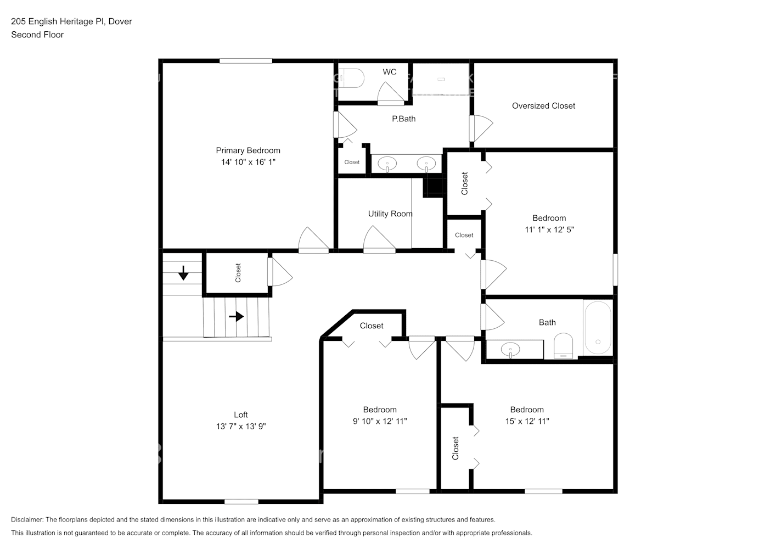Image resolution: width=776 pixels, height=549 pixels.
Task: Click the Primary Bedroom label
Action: coord(248,150)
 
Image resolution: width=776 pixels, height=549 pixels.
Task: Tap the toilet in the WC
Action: coord(351,78)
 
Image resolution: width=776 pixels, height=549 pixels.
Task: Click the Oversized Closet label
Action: coord(543,106)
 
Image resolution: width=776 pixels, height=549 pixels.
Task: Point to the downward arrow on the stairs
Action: coord(183,272)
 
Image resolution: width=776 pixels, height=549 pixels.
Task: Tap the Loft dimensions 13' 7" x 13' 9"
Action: coord(241,426)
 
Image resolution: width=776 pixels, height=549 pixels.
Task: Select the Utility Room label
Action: coord(390,214)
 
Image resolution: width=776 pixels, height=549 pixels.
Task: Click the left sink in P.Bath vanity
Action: coord(388,163)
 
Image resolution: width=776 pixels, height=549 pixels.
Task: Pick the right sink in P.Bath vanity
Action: coord(426,163)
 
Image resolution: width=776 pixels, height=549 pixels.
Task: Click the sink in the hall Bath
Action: coord(511,349)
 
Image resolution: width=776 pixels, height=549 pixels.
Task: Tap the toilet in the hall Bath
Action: coord(563,346)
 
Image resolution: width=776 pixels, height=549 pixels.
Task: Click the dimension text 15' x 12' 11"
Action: coord(527,421)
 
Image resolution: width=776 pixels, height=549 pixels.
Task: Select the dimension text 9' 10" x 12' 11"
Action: coord(380,421)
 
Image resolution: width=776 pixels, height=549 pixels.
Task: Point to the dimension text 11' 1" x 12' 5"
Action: coord(549,229)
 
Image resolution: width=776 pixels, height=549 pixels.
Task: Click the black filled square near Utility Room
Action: coord(433,187)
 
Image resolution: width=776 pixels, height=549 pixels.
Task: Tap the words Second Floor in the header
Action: coord(37,35)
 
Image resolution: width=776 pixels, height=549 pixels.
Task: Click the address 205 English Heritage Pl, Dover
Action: coord(71,21)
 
